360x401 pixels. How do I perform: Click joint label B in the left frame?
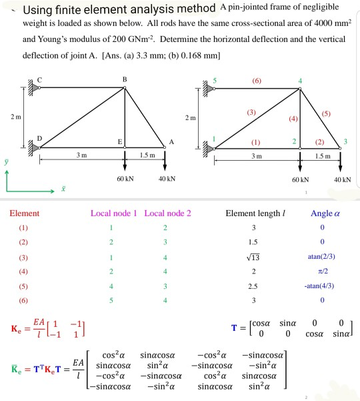coord(125,79)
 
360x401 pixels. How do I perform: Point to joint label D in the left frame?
coord(40,137)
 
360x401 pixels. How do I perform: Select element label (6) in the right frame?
coord(256,80)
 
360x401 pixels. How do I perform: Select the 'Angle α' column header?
coord(326,214)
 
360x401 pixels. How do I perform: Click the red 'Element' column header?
coord(24,214)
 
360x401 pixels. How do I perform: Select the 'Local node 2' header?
coord(167,214)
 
